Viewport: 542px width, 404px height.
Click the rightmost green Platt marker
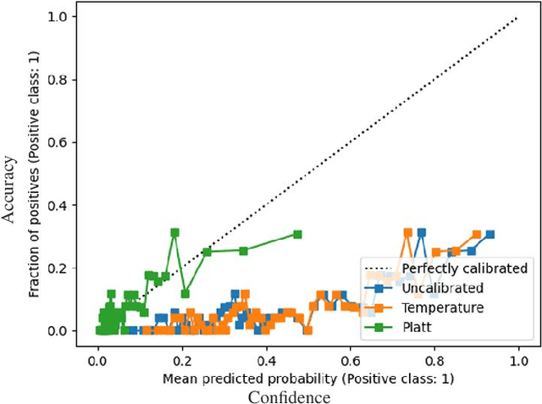tap(296, 235)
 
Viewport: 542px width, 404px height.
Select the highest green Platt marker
tap(174, 232)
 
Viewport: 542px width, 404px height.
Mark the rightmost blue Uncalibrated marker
tap(489, 235)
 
